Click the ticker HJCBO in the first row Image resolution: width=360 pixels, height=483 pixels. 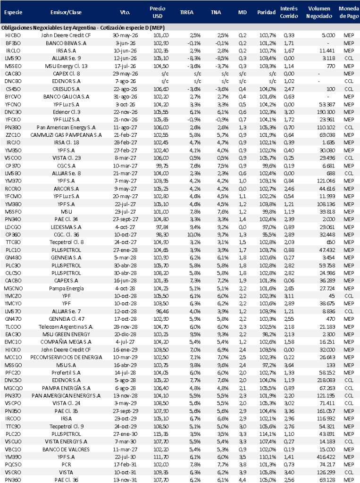coord(12,35)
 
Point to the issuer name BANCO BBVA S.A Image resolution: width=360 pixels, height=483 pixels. coord(65,42)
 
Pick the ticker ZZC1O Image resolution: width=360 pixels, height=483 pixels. coord(12,135)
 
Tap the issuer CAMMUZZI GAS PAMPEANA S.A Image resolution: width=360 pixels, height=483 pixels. coord(65,135)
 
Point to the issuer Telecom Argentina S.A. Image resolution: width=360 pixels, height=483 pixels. coord(65,326)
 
